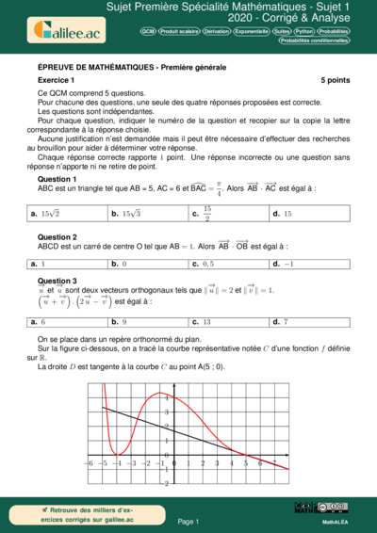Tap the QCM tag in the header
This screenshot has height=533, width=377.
pos(148,31)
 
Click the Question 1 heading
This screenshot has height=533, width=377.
pos(57,178)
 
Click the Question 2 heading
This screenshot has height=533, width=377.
pos(57,236)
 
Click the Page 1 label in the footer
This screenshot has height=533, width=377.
pos(188,521)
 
